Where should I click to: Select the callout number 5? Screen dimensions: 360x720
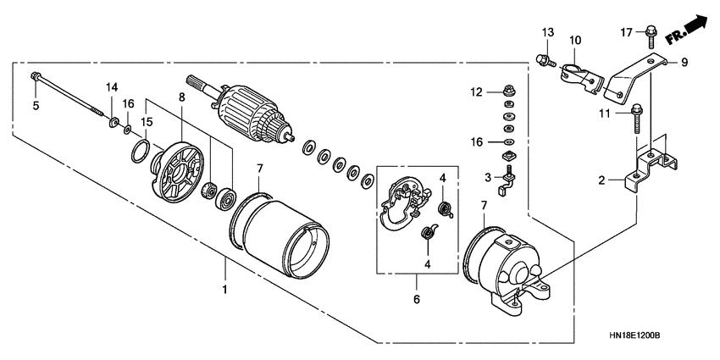click(x=36, y=105)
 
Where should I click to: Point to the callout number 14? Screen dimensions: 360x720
click(x=112, y=87)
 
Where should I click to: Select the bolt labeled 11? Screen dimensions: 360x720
click(x=635, y=119)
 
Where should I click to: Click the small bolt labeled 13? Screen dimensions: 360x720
click(x=542, y=60)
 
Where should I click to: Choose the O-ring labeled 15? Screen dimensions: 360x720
click(x=142, y=153)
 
